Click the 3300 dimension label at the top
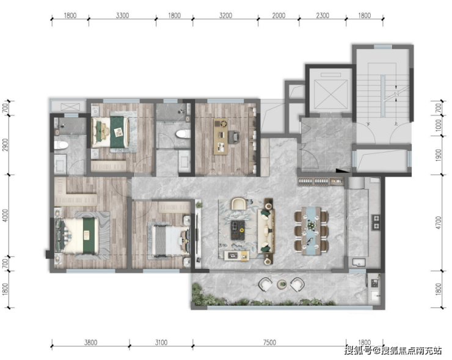click(x=122, y=15)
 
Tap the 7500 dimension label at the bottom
click(x=269, y=342)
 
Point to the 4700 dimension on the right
click(x=439, y=222)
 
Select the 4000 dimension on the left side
click(x=5, y=216)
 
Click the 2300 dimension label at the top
click(x=323, y=15)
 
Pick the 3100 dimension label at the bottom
click(x=161, y=342)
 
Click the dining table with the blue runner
click(x=312, y=231)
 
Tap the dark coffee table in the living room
click(x=238, y=230)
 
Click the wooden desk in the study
click(x=221, y=136)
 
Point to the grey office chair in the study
click(x=234, y=136)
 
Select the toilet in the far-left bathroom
click(x=61, y=145)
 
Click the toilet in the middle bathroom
click(x=183, y=134)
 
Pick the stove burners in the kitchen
click(x=376, y=222)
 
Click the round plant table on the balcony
click(x=282, y=284)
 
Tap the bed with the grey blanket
click(x=169, y=240)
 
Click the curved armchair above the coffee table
click(x=239, y=203)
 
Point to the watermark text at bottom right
click(x=393, y=350)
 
